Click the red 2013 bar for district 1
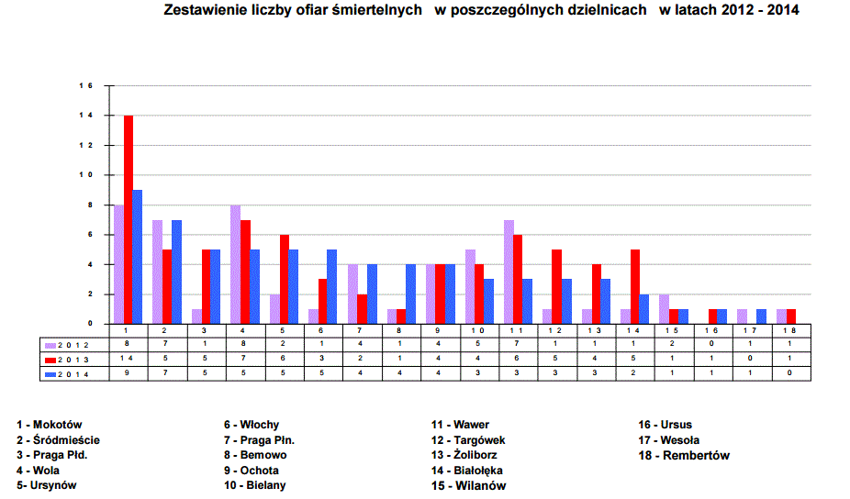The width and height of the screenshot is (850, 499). coord(129,219)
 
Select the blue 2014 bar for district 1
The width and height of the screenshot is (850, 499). coord(138,257)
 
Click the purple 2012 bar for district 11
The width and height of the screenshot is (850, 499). coord(509,272)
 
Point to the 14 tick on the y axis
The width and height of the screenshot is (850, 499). coord(89,116)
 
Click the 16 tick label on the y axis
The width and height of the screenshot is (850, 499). coord(89,86)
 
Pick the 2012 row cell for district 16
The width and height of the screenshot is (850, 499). coord(711,345)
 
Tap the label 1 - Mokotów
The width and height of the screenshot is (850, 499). coord(50,425)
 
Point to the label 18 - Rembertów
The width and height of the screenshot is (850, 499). coord(684,455)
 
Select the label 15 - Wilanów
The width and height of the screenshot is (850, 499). coord(468,485)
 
